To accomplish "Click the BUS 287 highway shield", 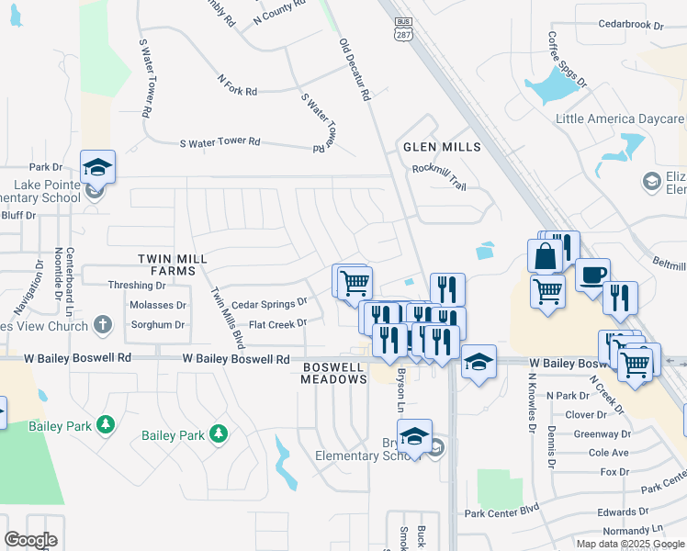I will [x=402, y=29].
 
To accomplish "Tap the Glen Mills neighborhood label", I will [x=442, y=147].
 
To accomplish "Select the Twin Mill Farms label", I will [x=166, y=265].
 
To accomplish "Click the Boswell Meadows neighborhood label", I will [x=335, y=373].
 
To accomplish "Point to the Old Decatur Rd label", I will [x=354, y=69].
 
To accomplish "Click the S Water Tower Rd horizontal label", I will [x=220, y=142].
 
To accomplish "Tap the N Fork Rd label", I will [x=237, y=85].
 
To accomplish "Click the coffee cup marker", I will [x=592, y=274].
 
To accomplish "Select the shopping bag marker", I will [x=546, y=255].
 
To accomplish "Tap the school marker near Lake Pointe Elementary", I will [x=98, y=167].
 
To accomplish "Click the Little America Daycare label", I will [x=620, y=119].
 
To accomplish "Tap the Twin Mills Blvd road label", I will [x=228, y=317].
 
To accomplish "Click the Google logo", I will [x=30, y=540].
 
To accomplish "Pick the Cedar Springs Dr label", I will [x=269, y=303].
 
